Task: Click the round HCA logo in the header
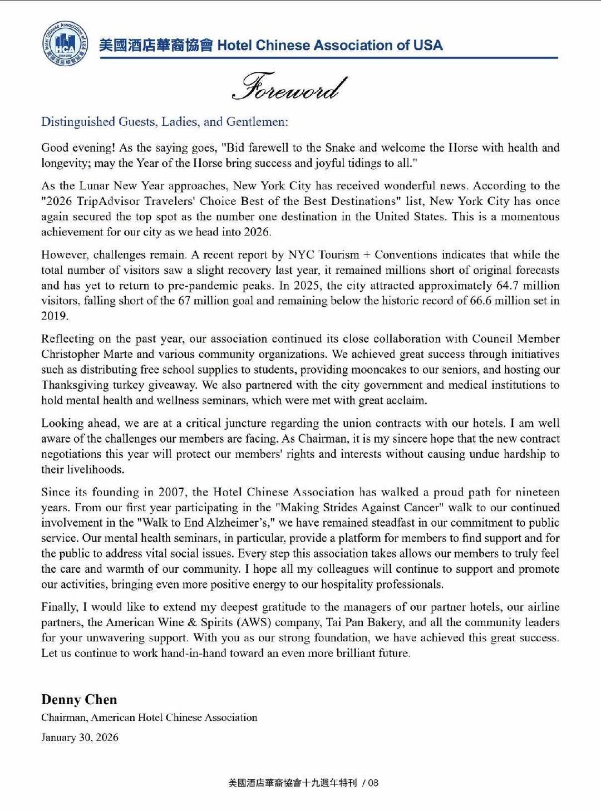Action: [65, 43]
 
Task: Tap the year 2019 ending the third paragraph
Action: [54, 316]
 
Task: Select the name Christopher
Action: [70, 354]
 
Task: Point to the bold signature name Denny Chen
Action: [79, 699]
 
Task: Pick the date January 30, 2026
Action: [80, 738]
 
